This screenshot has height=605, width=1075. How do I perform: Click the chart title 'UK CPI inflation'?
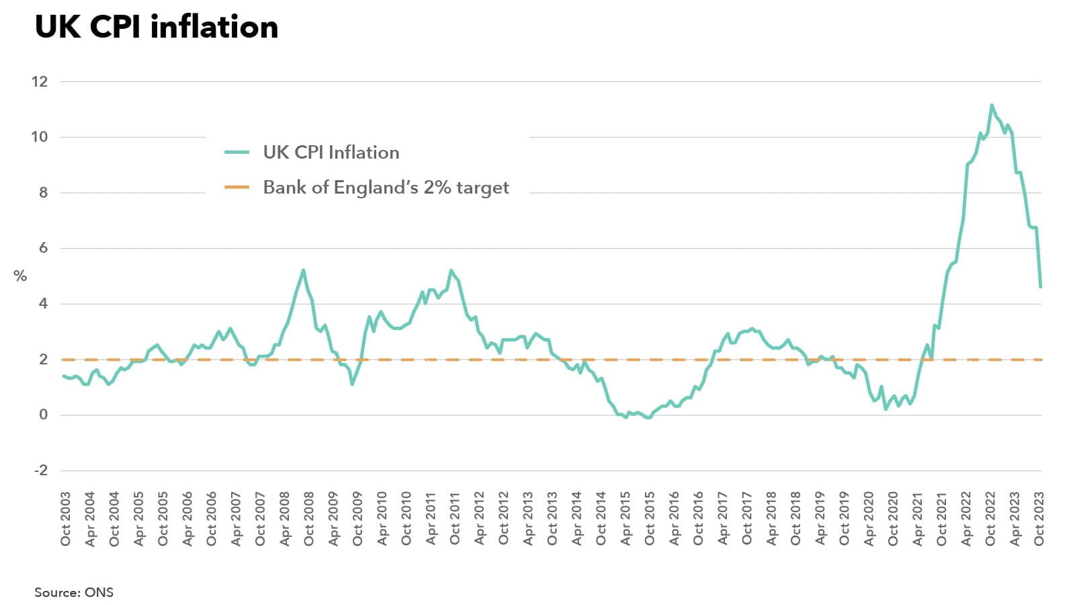156,28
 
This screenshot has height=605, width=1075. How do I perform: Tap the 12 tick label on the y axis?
40,82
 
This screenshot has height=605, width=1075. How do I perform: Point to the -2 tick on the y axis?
41,471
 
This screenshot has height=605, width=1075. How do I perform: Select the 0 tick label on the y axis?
44,415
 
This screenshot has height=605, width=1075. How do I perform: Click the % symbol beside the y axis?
20,276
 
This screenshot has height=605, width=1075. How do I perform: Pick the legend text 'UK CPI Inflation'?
331,153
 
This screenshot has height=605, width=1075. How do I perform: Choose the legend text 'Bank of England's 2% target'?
386,188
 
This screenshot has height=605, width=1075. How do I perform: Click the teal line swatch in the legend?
236,153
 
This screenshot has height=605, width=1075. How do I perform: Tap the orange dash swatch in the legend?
236,188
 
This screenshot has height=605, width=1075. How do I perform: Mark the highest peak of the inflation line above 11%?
992,105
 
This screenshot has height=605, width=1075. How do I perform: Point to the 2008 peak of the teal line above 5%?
303,270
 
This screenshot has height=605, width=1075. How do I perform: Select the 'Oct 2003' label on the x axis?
65,519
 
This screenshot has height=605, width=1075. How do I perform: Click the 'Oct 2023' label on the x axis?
1039,519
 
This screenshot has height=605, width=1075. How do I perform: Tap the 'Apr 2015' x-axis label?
626,519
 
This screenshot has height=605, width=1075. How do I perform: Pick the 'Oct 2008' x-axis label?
309,519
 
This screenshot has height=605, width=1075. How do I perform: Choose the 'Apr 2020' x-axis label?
869,519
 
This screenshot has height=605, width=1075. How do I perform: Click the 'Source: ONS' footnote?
74,592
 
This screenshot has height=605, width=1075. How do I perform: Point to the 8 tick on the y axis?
44,193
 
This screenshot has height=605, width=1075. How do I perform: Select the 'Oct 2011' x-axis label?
455,519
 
